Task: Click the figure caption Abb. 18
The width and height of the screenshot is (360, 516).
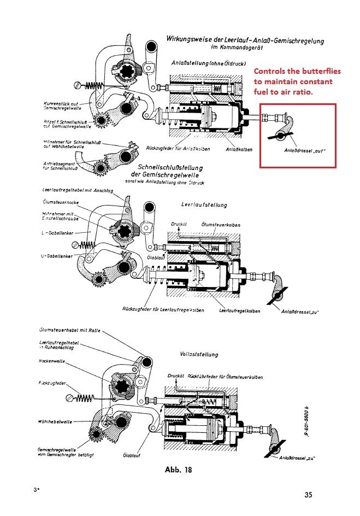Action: point(179,469)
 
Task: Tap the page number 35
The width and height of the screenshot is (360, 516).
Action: point(309,495)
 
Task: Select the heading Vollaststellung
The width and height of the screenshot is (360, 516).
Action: point(199,354)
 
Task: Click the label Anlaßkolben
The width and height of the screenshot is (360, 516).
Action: point(239,149)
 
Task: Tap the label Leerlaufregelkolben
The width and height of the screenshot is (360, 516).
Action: point(240,310)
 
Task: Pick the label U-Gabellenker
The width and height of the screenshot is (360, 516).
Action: point(55,256)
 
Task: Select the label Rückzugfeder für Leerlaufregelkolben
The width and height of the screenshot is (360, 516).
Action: point(163,310)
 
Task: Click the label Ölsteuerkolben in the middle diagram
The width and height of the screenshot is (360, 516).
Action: point(219,225)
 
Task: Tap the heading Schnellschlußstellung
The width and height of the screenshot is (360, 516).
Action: point(170,167)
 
